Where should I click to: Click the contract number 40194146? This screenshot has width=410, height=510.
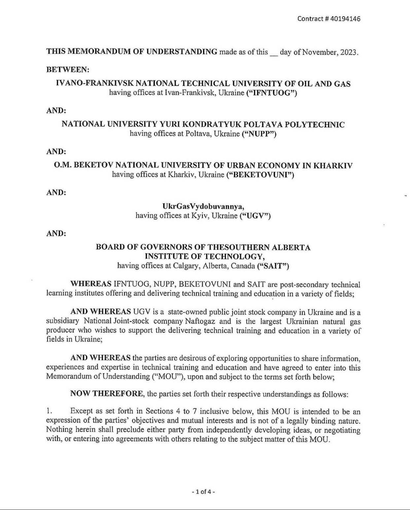click(345, 18)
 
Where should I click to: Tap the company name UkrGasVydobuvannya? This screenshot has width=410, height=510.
click(203, 206)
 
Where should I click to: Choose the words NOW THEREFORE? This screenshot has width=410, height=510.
click(107, 393)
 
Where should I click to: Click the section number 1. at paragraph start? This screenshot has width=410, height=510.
click(50, 411)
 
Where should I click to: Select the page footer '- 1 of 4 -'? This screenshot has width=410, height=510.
click(203, 492)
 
